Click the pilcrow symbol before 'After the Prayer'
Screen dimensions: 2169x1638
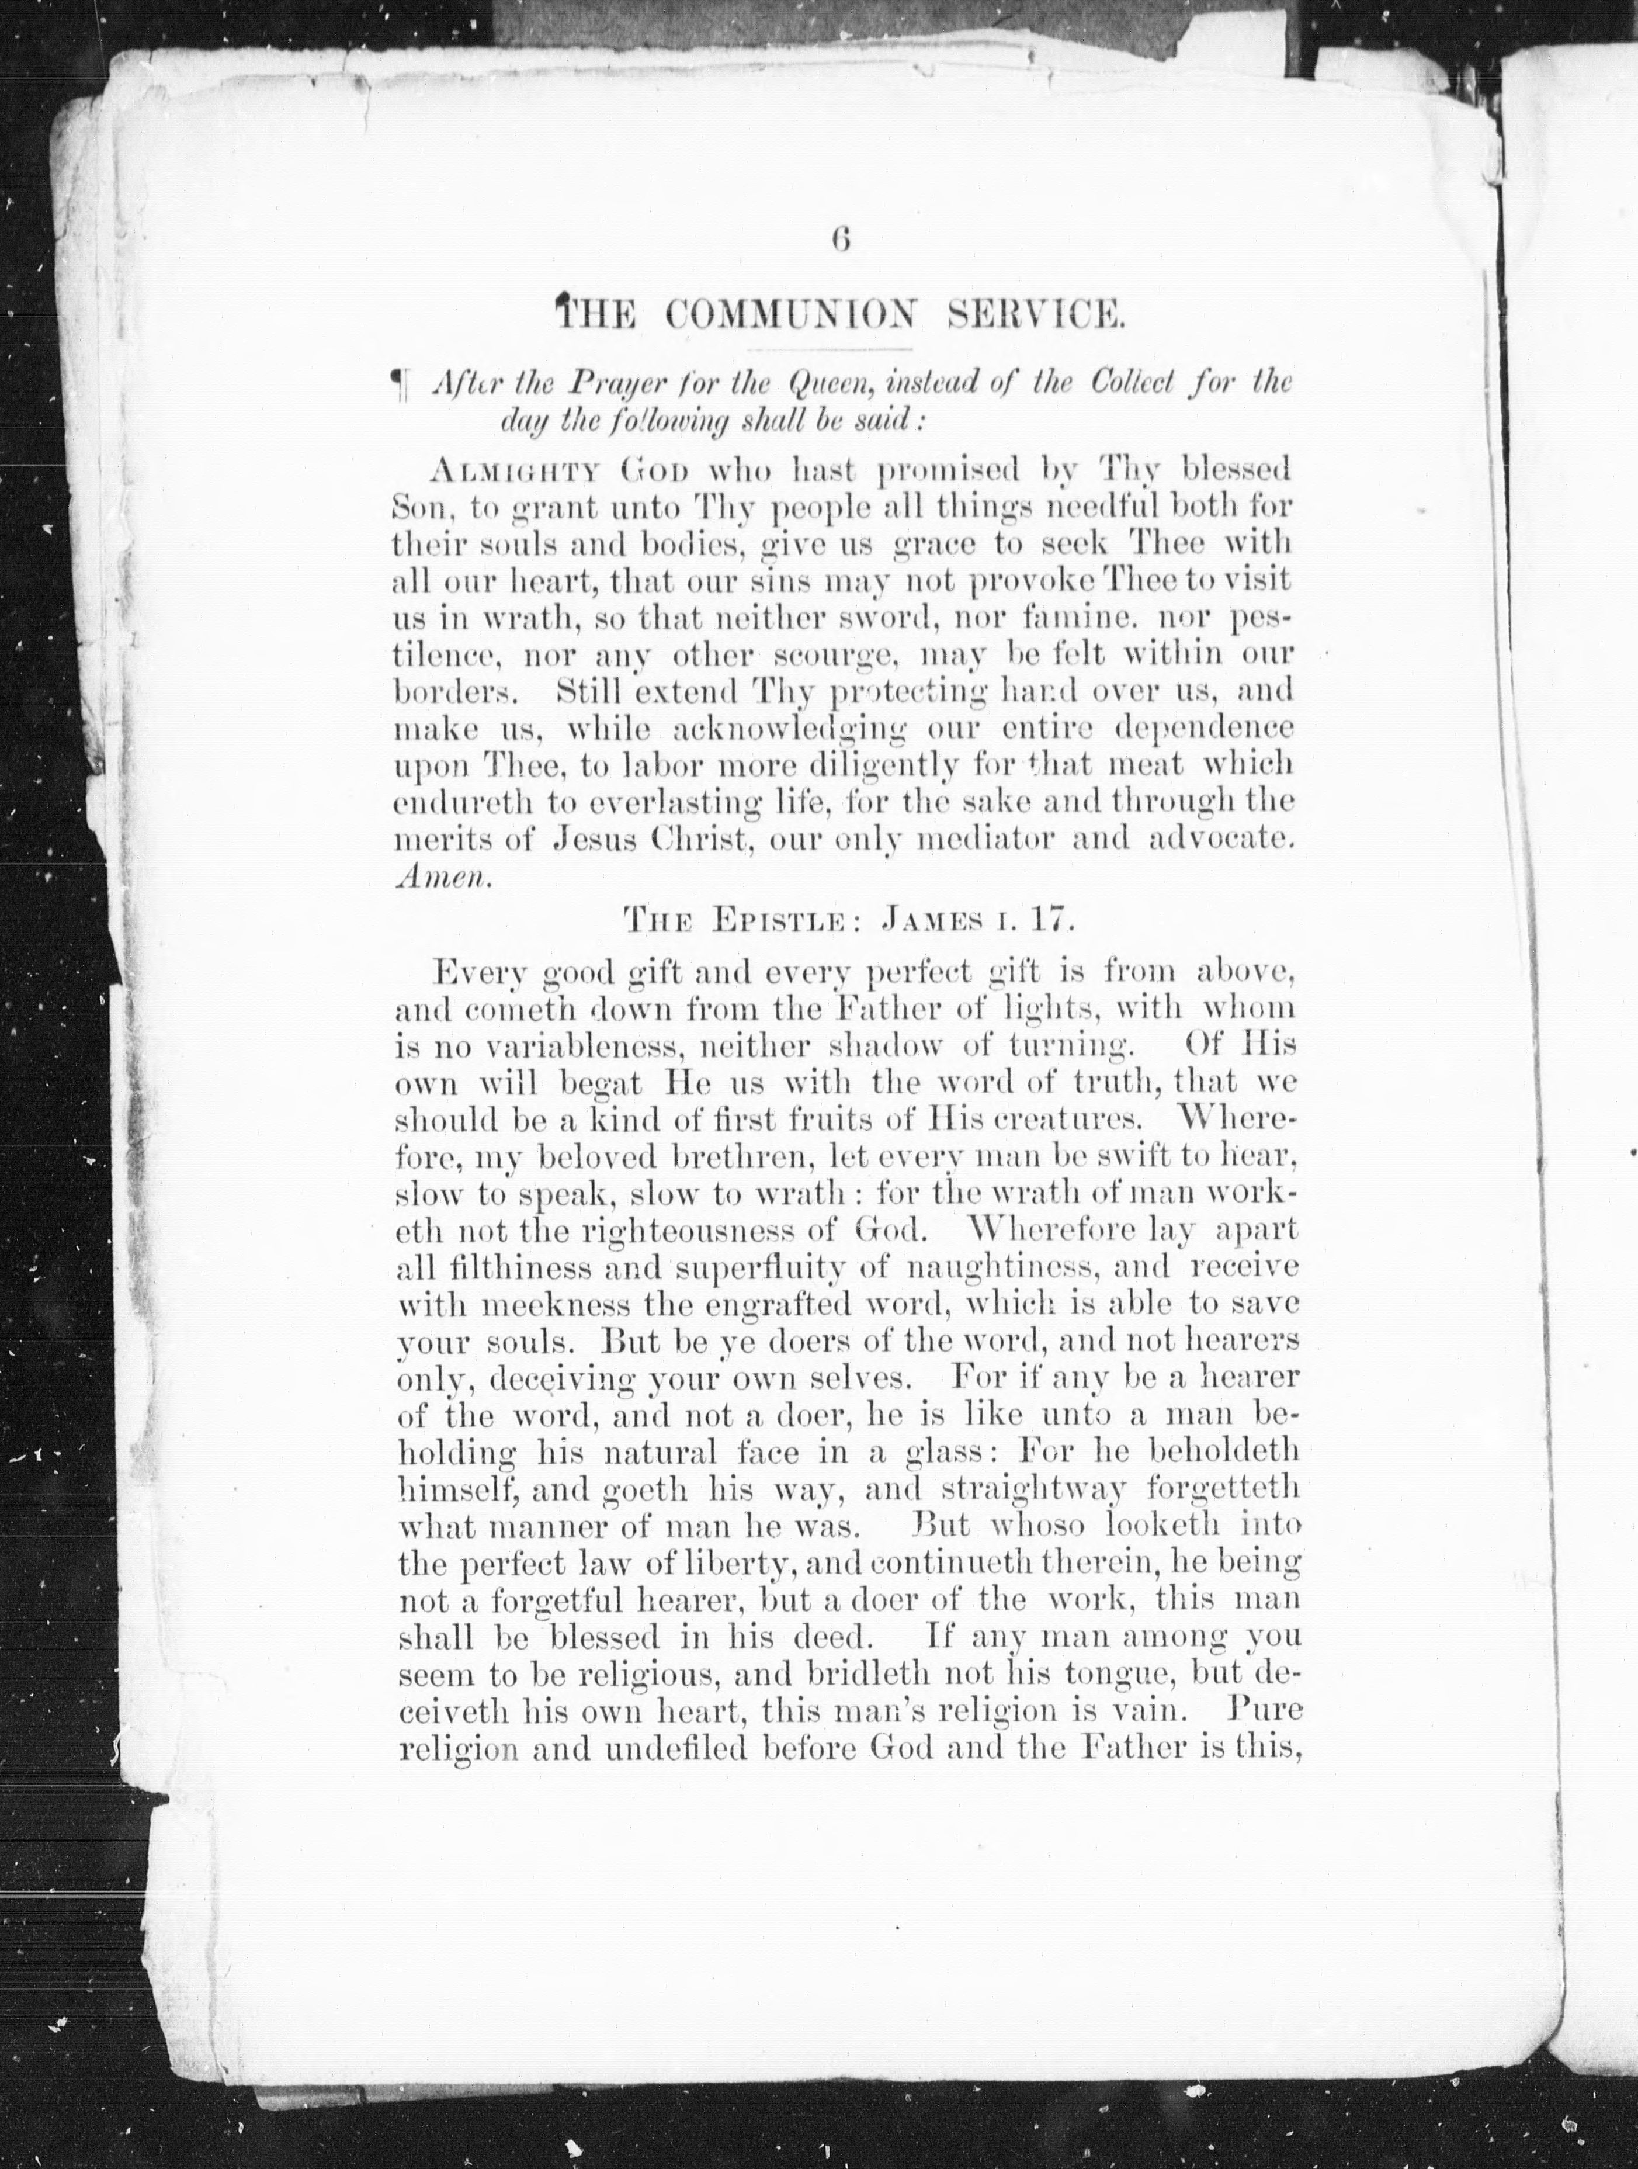(x=399, y=382)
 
